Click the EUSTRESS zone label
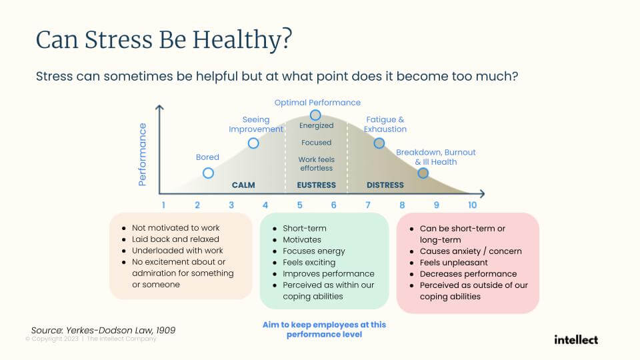coord(316,185)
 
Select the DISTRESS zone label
coord(385,185)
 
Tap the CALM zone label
coord(243,185)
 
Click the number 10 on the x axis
coord(472,205)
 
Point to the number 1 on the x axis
coord(163,205)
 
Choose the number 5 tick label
coord(299,205)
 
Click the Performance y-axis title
coord(142,155)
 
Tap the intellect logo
coord(576,339)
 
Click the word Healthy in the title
coord(243,40)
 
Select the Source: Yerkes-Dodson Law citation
coord(103,330)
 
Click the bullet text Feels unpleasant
coord(453,263)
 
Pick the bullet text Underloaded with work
coord(177,250)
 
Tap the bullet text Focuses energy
coord(313,251)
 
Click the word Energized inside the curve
coord(316,126)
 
